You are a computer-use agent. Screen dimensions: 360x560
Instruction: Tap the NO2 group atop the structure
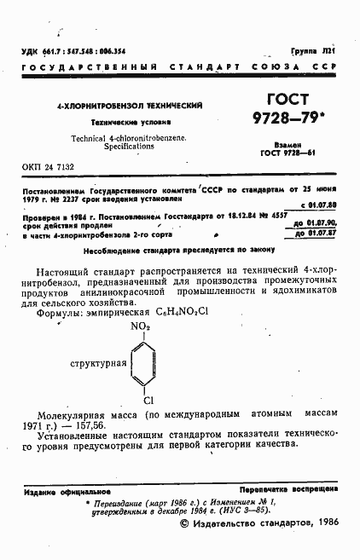tap(140, 326)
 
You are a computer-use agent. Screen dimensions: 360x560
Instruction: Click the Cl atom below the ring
tap(148, 398)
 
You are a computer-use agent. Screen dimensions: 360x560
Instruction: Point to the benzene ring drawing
tap(148, 362)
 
